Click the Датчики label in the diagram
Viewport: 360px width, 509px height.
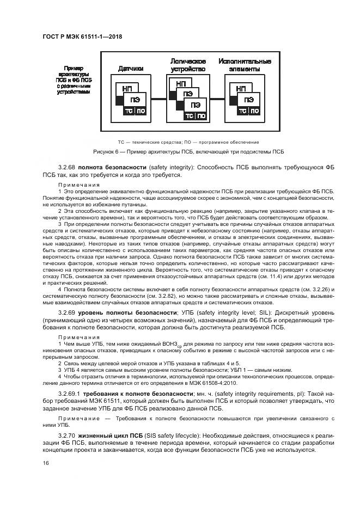coord(131,69)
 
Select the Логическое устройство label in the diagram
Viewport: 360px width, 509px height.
coord(187,65)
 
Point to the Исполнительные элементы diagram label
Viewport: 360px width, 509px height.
coord(245,65)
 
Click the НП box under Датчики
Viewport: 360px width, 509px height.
coord(127,87)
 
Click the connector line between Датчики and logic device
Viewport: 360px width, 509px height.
coord(156,99)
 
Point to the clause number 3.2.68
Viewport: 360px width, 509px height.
coord(66,167)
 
